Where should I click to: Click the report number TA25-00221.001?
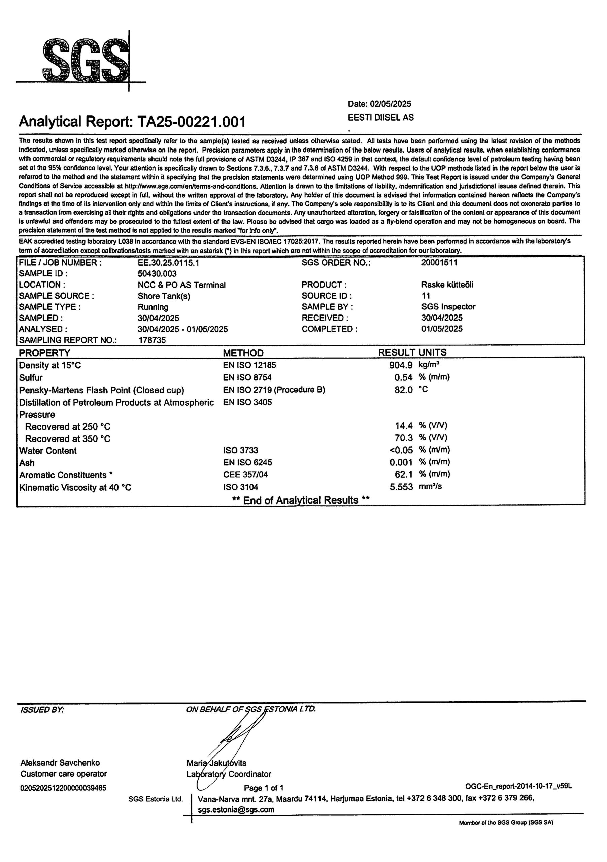tap(192, 122)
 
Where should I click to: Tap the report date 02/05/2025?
tap(391, 104)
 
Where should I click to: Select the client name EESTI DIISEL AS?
tap(381, 118)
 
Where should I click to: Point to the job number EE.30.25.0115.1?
tap(168, 263)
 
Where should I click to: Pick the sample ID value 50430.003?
tap(157, 274)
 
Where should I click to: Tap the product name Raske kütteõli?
tap(447, 285)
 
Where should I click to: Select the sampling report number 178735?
tap(152, 340)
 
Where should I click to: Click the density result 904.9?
tap(401, 365)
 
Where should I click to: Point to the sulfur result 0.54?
tap(404, 378)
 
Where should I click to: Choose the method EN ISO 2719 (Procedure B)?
tap(274, 390)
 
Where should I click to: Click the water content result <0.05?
tap(401, 450)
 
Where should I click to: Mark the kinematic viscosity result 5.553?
tap(401, 487)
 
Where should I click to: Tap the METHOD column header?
tap(243, 353)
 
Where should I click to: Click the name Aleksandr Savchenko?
tap(60, 763)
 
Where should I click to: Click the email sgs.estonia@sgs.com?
tap(236, 809)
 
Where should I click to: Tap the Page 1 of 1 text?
tap(264, 788)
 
